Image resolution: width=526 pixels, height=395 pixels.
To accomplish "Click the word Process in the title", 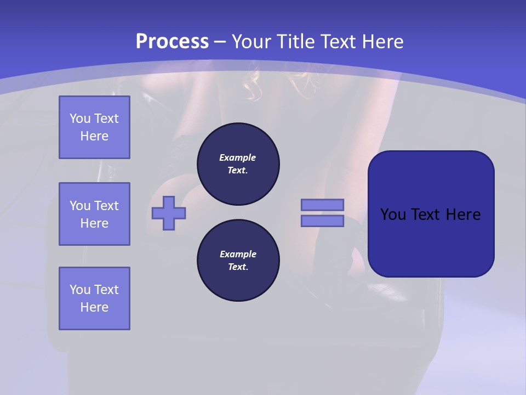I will click(x=172, y=42).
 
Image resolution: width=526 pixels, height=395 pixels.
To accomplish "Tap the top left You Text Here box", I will click(x=94, y=127).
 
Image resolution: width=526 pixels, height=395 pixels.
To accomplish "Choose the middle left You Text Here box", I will click(x=94, y=214).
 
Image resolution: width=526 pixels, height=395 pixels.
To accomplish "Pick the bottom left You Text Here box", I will click(x=94, y=298).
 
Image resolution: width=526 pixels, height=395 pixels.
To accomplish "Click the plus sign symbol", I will click(x=169, y=214).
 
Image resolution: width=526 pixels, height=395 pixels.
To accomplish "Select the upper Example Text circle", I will click(x=238, y=163).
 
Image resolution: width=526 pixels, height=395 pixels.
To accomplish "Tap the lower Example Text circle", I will click(x=238, y=261).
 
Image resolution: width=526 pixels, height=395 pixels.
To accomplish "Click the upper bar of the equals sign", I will click(x=322, y=205).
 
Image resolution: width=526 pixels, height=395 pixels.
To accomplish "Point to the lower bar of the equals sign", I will click(x=322, y=221).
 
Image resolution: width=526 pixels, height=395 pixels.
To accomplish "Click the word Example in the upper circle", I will click(x=238, y=157).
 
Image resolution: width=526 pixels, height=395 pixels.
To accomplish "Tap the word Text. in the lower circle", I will click(x=238, y=267).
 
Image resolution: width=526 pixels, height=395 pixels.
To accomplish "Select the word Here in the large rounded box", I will click(x=464, y=215).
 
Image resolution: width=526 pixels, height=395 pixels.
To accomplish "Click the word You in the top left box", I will click(x=80, y=119).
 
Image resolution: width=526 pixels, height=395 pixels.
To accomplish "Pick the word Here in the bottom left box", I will click(x=94, y=307).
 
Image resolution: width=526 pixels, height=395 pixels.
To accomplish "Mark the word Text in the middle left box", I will click(x=106, y=206).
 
